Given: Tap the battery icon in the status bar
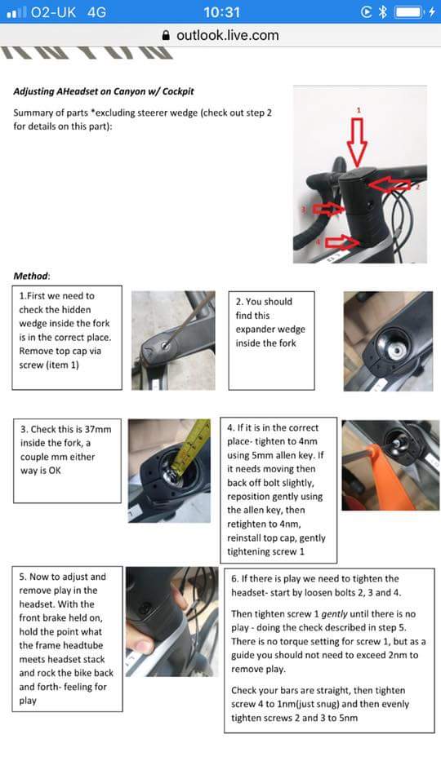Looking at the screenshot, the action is coord(408,11).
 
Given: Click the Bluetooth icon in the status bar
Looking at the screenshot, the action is coord(382,11).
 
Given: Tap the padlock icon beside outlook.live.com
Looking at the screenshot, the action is coord(167,35).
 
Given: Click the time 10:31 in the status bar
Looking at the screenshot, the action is coord(221,11).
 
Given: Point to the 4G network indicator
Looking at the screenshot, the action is coord(96,12).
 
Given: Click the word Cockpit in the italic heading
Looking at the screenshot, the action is coord(176,91).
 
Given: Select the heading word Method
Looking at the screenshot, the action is coord(31,276).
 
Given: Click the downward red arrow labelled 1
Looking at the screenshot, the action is coord(357,141).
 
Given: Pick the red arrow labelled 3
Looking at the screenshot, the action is coord(328,209).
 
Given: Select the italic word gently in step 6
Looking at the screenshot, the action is coord(335,613).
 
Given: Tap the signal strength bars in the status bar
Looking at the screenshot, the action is coord(16,12).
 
